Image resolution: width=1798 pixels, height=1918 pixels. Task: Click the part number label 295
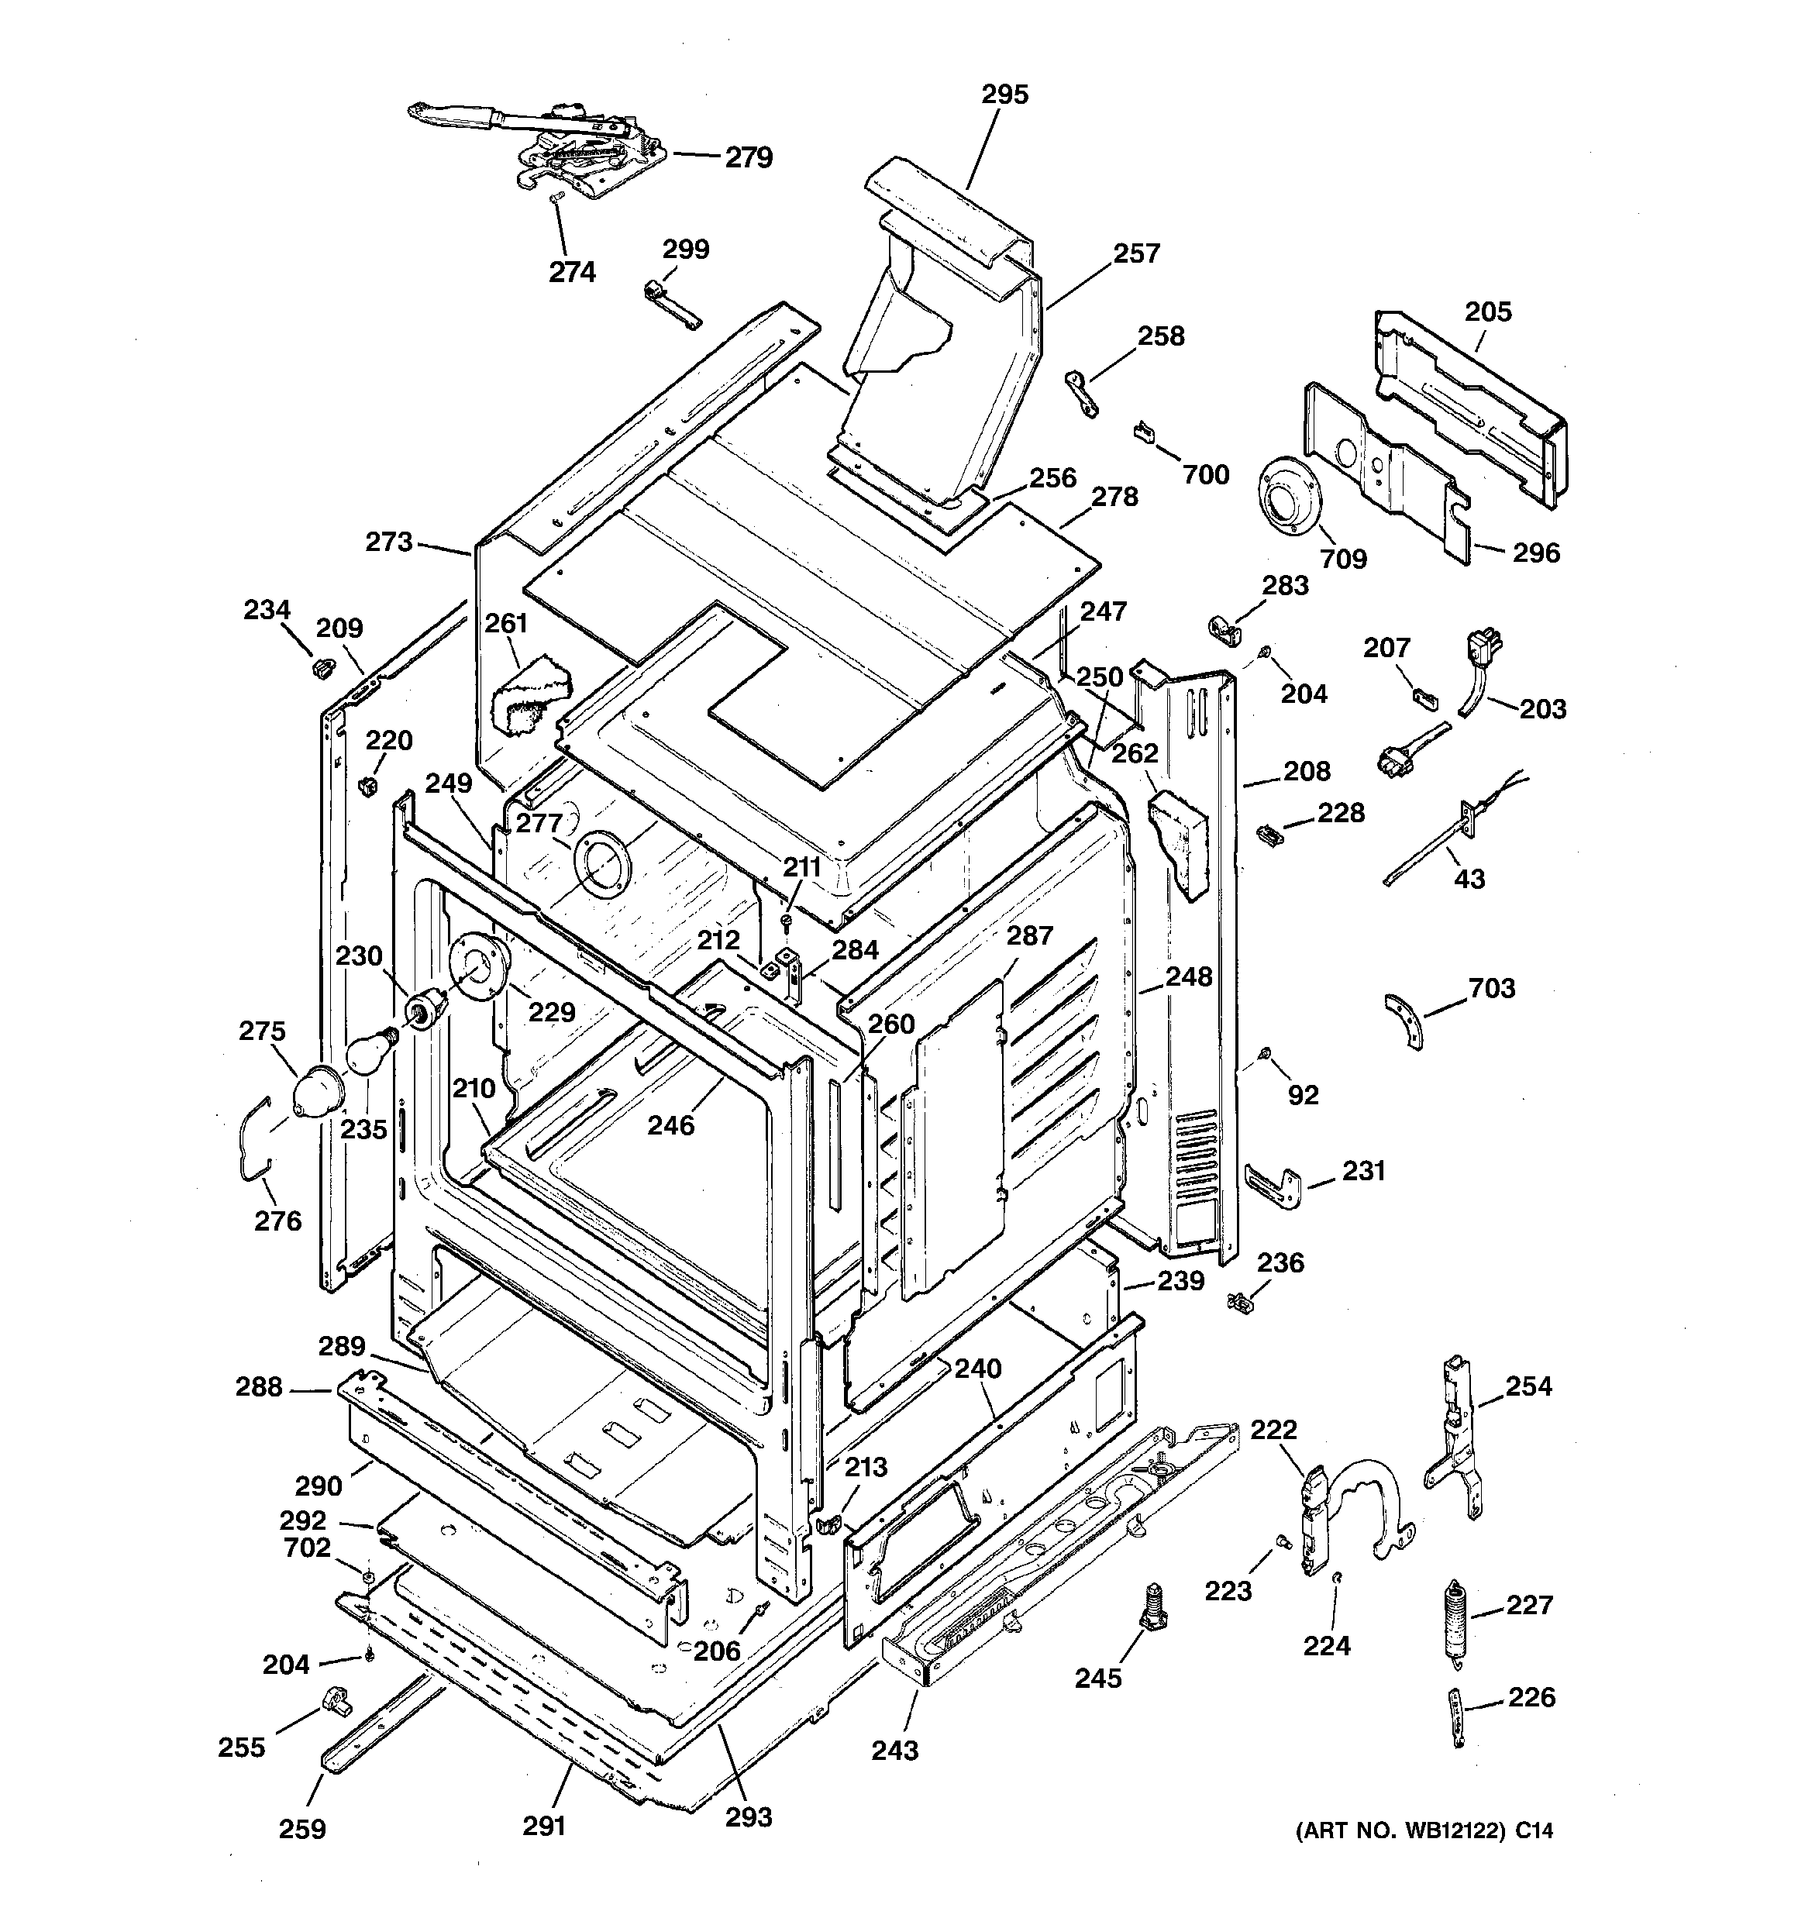(x=1004, y=95)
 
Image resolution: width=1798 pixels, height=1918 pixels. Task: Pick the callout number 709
(x=1343, y=559)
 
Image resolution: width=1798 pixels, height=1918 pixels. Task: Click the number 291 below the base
(x=543, y=1825)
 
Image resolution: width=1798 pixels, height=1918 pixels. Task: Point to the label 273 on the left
(x=389, y=542)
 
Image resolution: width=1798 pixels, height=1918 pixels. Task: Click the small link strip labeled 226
(x=1456, y=1718)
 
